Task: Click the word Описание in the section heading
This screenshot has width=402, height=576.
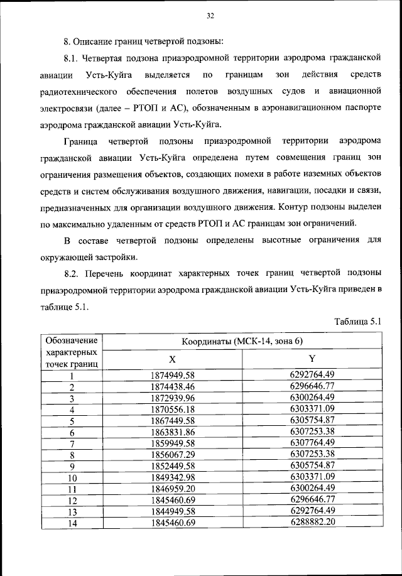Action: [x=94, y=43]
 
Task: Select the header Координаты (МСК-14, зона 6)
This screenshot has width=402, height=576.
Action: [x=242, y=341]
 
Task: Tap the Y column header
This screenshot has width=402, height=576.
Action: [x=312, y=359]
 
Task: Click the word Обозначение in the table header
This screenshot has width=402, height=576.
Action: [x=72, y=340]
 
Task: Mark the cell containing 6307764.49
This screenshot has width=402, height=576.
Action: [x=312, y=443]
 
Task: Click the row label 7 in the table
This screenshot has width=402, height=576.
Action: [x=72, y=443]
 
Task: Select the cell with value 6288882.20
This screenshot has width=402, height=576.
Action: [x=312, y=522]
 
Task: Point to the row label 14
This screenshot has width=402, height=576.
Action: [x=72, y=523]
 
